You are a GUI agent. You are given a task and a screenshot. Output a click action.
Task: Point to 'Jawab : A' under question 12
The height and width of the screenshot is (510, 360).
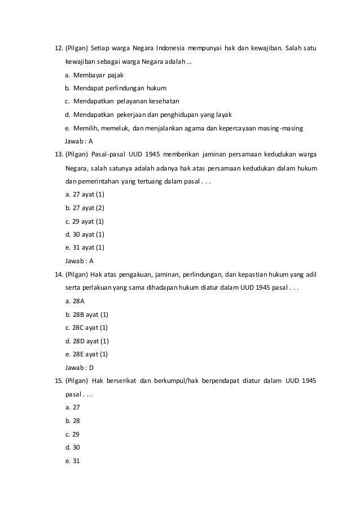(x=80, y=141)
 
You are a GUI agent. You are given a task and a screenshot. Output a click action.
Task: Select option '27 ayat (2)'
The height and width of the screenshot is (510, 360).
(x=85, y=208)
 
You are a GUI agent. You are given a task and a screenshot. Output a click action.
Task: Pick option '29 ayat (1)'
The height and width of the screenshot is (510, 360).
(x=85, y=221)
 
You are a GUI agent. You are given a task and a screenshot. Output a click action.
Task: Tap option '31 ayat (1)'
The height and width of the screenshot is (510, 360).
(x=85, y=247)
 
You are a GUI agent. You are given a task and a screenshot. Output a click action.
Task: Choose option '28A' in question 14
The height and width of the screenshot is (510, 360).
(x=76, y=301)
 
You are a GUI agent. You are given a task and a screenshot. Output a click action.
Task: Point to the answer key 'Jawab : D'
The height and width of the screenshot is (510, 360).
(x=80, y=367)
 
